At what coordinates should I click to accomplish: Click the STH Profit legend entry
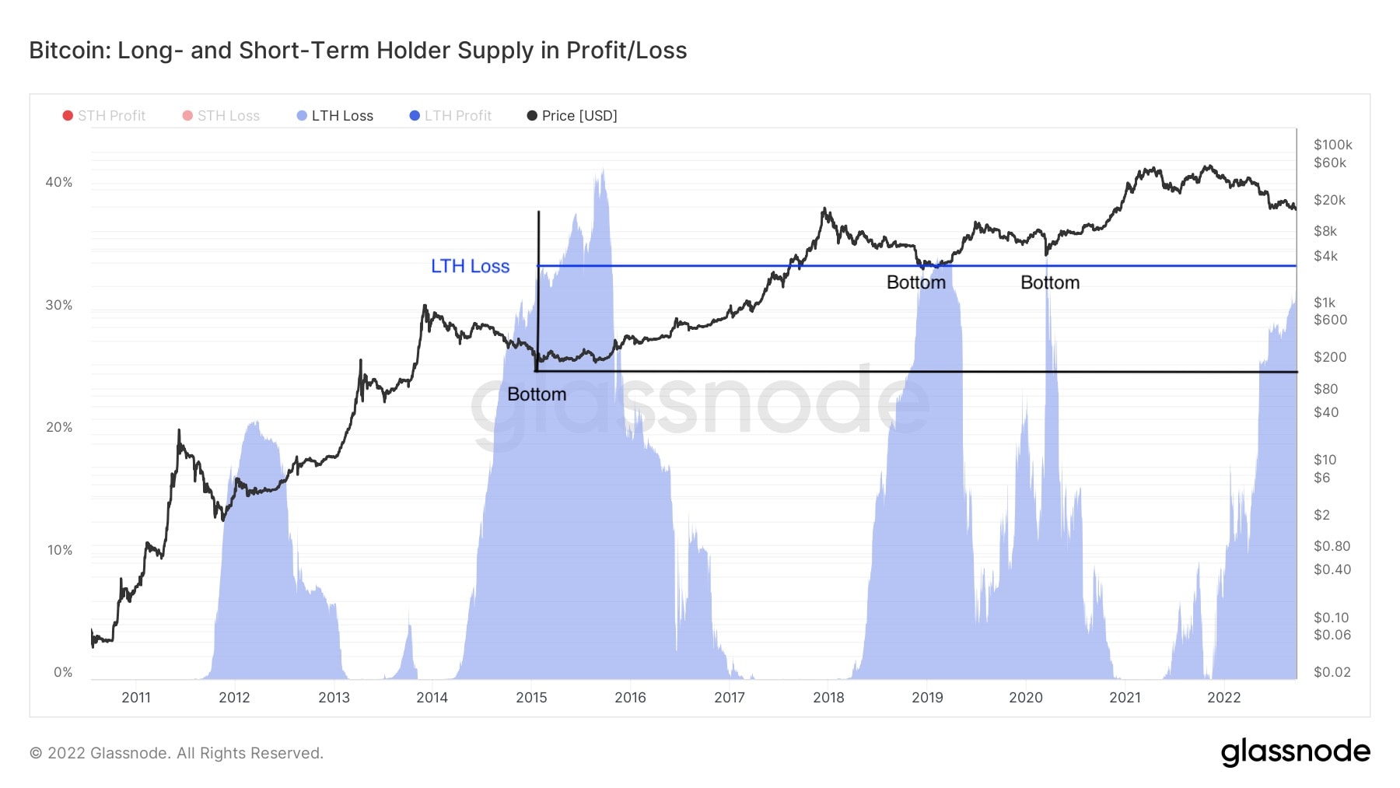pos(104,116)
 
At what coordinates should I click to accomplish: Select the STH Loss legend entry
pos(221,116)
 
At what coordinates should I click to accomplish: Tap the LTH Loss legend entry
pos(335,116)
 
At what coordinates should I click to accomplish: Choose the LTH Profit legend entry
pos(450,116)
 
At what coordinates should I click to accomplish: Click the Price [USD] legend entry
pos(572,116)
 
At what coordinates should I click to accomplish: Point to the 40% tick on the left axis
pos(59,182)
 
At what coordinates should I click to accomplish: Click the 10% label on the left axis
pos(59,550)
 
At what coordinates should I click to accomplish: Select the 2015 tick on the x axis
pos(531,697)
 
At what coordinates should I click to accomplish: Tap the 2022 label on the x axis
pos(1223,697)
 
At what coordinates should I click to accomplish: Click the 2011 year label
pos(136,697)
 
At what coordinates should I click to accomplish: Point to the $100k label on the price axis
pos(1332,145)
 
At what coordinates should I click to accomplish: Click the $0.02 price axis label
pos(1332,672)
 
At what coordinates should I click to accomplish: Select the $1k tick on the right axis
pos(1324,303)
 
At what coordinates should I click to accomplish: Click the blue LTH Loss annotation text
pos(470,266)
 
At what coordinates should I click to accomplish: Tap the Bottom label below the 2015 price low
pos(537,394)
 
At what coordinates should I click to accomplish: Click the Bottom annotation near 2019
pos(916,282)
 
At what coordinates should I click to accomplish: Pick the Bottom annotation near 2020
pos(1050,282)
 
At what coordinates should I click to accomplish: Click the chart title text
pos(358,51)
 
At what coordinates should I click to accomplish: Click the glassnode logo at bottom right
pos(1295,752)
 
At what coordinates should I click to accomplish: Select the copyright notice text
pos(177,753)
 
